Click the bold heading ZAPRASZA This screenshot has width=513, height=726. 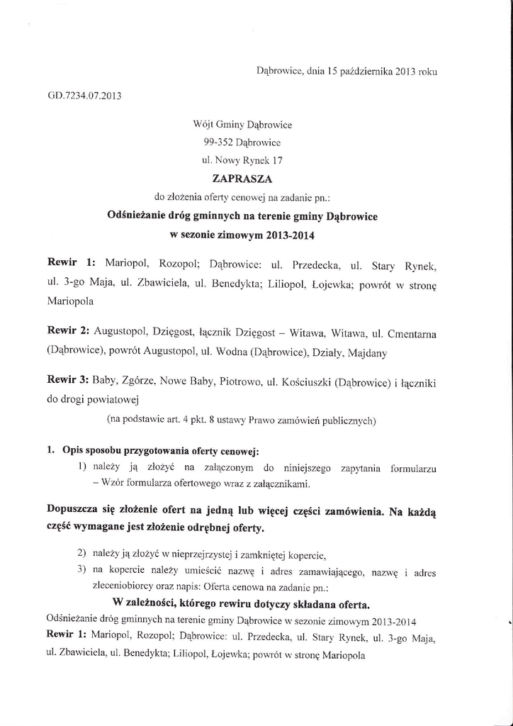point(233,179)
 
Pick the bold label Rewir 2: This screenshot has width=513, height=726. point(68,331)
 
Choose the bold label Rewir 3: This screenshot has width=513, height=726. point(68,383)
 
